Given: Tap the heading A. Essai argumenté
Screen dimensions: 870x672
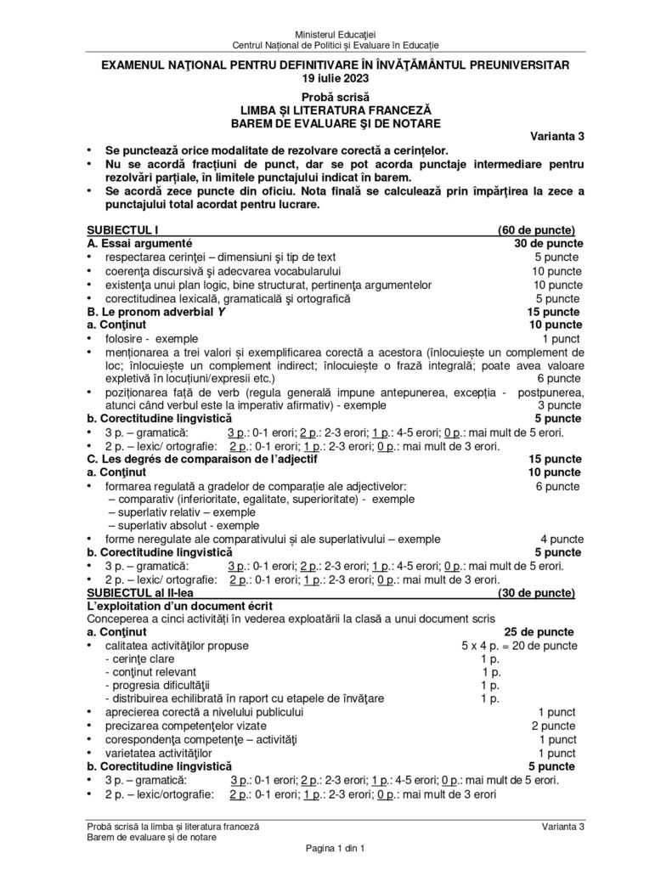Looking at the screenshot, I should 138,243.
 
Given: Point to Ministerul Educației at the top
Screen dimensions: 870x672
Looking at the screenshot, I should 336,31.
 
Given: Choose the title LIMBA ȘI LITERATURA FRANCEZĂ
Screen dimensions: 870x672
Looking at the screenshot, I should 336,110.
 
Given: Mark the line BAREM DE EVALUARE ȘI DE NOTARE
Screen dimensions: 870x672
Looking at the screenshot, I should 336,123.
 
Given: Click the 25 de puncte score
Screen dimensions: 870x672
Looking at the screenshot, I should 539,632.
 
